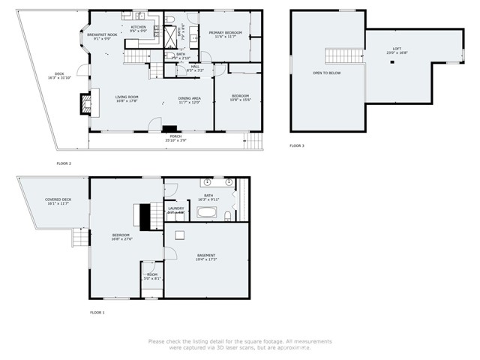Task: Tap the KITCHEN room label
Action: pos(138,28)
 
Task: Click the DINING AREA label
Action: pos(189,99)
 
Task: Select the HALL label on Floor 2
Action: pos(195,67)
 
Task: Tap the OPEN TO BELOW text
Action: pos(327,73)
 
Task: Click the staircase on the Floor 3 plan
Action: pos(337,55)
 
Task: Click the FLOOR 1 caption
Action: pos(97,312)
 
